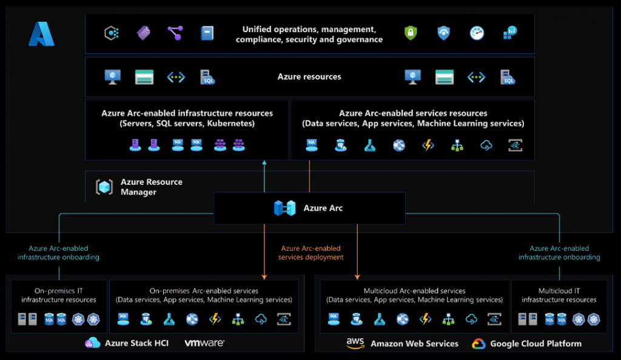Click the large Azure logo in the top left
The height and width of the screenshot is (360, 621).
tap(41, 34)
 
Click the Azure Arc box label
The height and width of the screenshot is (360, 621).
tap(323, 208)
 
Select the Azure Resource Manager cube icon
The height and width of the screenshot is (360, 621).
tap(104, 187)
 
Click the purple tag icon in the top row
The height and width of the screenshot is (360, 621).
tap(143, 33)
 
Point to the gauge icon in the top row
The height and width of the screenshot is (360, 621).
tap(477, 33)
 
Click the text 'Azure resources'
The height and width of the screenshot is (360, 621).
tap(309, 77)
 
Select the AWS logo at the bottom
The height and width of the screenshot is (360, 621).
tap(355, 343)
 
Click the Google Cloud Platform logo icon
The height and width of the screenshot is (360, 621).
tap(478, 344)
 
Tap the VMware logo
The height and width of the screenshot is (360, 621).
tap(204, 343)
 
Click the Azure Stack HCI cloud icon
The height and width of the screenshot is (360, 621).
tap(93, 343)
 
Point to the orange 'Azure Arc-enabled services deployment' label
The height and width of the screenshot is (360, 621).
tap(310, 253)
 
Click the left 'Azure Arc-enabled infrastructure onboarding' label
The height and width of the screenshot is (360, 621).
tap(58, 253)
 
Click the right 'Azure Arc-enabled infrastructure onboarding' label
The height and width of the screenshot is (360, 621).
tap(559, 253)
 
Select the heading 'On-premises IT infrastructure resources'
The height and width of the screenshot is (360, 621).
tap(59, 295)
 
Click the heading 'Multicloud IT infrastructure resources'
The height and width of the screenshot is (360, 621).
tap(559, 295)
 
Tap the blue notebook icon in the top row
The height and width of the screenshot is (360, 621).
tap(207, 33)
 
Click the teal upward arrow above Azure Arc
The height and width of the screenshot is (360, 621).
tap(264, 176)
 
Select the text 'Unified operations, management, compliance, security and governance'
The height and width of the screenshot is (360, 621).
tap(309, 34)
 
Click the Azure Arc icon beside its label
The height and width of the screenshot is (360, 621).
tap(284, 208)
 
